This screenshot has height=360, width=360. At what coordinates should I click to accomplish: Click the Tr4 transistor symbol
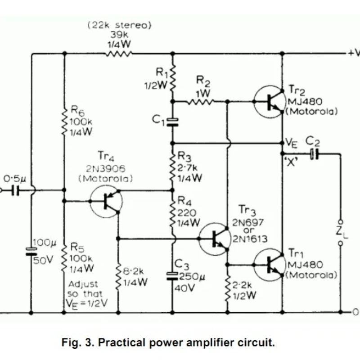coord(106,201)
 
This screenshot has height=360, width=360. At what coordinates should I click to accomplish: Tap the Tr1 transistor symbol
coord(270,265)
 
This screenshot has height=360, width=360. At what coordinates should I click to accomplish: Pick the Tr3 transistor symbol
coord(215,239)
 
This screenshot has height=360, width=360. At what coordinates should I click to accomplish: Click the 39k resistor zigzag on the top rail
coord(119,54)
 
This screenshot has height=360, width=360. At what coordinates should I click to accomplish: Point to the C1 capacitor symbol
coord(172,122)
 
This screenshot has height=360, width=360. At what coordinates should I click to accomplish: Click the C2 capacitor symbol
coord(315,154)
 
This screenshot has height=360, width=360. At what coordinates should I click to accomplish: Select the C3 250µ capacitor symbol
coord(172,276)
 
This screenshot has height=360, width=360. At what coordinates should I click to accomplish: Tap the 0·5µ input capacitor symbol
coord(15,190)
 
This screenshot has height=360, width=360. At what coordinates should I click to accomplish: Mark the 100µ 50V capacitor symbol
coord(31,252)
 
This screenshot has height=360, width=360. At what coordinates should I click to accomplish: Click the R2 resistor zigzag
coord(200,101)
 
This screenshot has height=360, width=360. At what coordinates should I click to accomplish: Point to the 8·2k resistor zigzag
coord(118,277)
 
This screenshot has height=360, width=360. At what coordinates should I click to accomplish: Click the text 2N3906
coord(106,169)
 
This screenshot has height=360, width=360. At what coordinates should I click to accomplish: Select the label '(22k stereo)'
coord(119,25)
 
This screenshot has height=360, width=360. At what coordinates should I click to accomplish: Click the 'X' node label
coord(291,162)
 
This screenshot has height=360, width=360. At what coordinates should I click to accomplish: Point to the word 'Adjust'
coord(83,284)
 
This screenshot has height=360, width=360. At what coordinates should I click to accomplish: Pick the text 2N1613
coord(250,239)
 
